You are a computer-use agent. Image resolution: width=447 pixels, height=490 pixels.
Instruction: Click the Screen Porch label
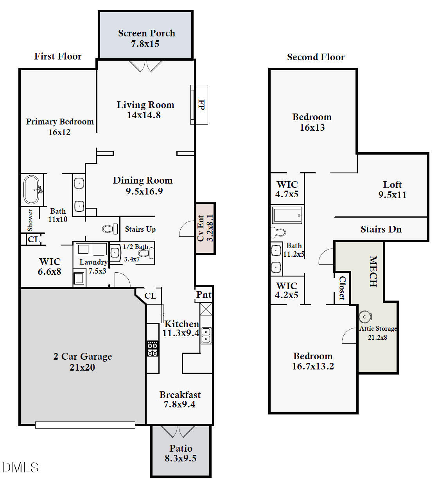(x=146, y=34)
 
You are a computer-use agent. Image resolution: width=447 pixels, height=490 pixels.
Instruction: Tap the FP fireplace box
(x=199, y=104)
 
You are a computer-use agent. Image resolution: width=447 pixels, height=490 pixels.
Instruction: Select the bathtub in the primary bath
(x=32, y=190)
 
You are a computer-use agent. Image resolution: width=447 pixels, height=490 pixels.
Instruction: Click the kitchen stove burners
(x=153, y=348)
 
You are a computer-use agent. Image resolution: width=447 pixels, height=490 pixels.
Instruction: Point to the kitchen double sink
(x=206, y=335)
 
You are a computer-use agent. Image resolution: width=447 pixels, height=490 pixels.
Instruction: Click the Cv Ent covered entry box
(x=205, y=228)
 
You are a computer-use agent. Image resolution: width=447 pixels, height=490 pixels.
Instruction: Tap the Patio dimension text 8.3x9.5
(x=180, y=458)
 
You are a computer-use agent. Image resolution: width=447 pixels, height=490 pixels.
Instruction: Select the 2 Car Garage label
(x=83, y=357)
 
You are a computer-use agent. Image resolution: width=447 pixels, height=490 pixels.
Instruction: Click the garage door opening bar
(x=85, y=425)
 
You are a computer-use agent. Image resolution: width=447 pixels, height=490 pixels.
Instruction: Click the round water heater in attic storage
(x=364, y=316)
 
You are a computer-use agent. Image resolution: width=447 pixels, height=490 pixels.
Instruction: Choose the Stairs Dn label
(x=381, y=229)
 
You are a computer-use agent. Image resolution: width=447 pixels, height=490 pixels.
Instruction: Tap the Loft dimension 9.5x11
(x=392, y=195)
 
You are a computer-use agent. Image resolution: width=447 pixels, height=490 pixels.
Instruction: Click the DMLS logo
(x=20, y=467)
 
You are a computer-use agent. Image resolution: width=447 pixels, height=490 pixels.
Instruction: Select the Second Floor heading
(x=316, y=57)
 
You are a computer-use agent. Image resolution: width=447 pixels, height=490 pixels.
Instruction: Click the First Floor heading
(x=58, y=56)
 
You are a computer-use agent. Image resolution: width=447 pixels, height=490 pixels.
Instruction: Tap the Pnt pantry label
(x=203, y=295)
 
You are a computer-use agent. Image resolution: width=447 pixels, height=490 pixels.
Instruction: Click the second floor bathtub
(x=287, y=216)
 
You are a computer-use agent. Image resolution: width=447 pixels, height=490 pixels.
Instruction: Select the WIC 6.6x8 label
(x=50, y=267)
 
